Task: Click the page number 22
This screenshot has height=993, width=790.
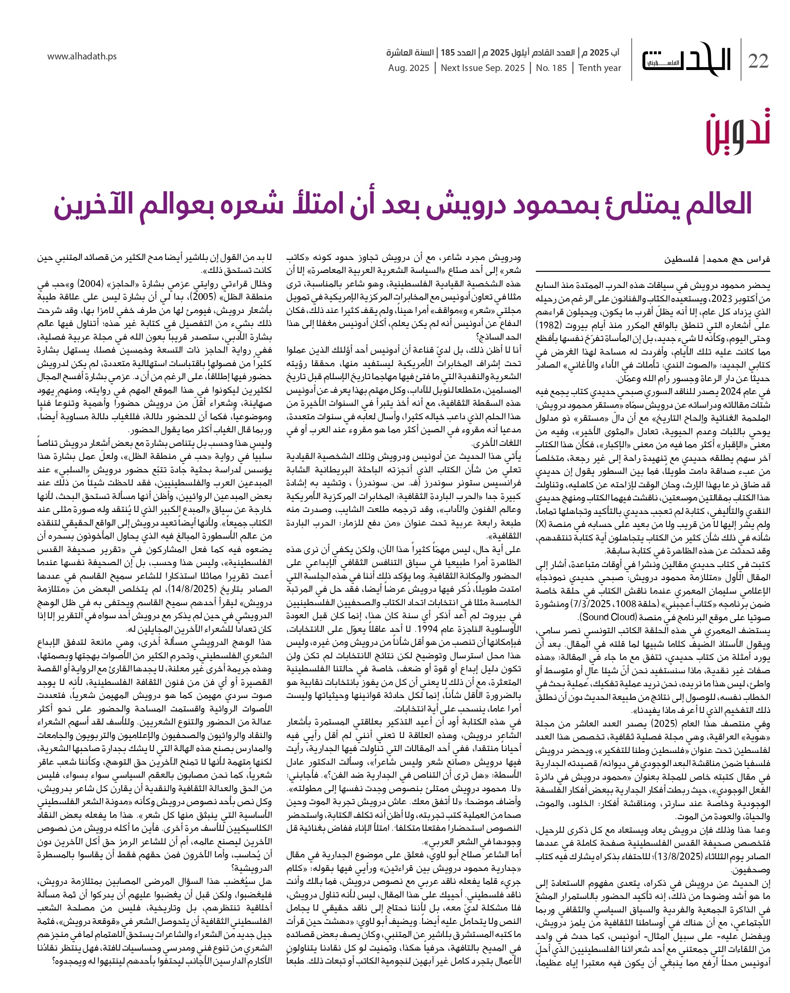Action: (759, 61)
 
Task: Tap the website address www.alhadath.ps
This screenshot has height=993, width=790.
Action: (82, 57)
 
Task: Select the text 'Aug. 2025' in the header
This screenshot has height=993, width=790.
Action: (409, 68)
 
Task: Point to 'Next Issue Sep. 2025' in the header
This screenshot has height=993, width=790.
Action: (482, 68)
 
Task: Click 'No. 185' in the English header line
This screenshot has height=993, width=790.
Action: (551, 68)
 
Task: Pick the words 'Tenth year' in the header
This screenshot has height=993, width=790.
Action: (600, 68)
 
